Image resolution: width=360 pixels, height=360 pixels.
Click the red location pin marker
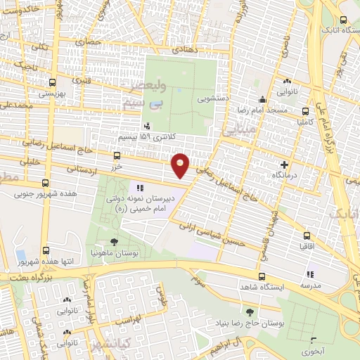[x=181, y=164]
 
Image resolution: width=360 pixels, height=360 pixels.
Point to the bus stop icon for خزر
[x=116, y=156]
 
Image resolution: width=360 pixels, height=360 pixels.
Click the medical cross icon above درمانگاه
[x=283, y=163]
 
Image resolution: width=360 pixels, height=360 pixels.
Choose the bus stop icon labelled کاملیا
[x=305, y=110]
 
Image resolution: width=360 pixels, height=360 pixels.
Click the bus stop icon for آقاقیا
[x=307, y=236]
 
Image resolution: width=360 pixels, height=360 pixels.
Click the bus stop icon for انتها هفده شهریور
[x=46, y=250]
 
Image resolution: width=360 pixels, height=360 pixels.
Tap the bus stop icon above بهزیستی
[x=49, y=82]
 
